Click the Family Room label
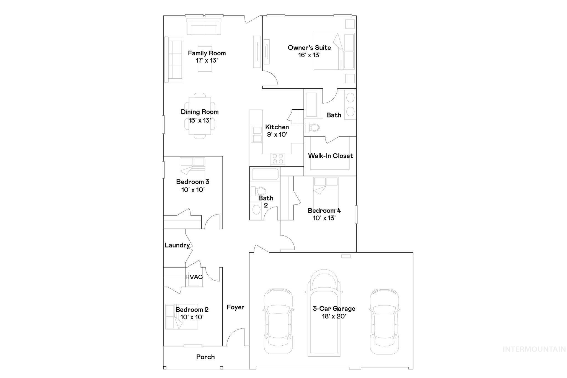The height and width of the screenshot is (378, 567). pos(207,53)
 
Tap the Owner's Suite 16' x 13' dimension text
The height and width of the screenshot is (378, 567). pos(309,55)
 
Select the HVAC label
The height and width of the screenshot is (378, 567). pos(194,277)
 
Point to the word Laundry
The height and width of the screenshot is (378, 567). pos(177,245)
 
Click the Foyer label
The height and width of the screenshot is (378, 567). pos(235,307)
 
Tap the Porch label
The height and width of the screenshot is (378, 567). pos(205,357)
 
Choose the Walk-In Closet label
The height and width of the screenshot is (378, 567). pos(331,156)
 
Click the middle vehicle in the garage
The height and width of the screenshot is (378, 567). pos(324,313)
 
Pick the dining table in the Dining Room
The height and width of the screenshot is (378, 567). pos(200,116)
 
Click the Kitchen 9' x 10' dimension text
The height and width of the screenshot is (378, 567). pos(277,135)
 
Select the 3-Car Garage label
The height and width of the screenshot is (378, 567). pos(334,308)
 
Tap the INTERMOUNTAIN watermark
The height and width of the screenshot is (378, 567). pos(534,349)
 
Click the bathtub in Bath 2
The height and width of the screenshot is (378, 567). pos(265,174)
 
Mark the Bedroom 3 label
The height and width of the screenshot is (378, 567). pos(193,182)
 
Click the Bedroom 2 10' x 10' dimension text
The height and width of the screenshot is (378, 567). pos(192,317)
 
